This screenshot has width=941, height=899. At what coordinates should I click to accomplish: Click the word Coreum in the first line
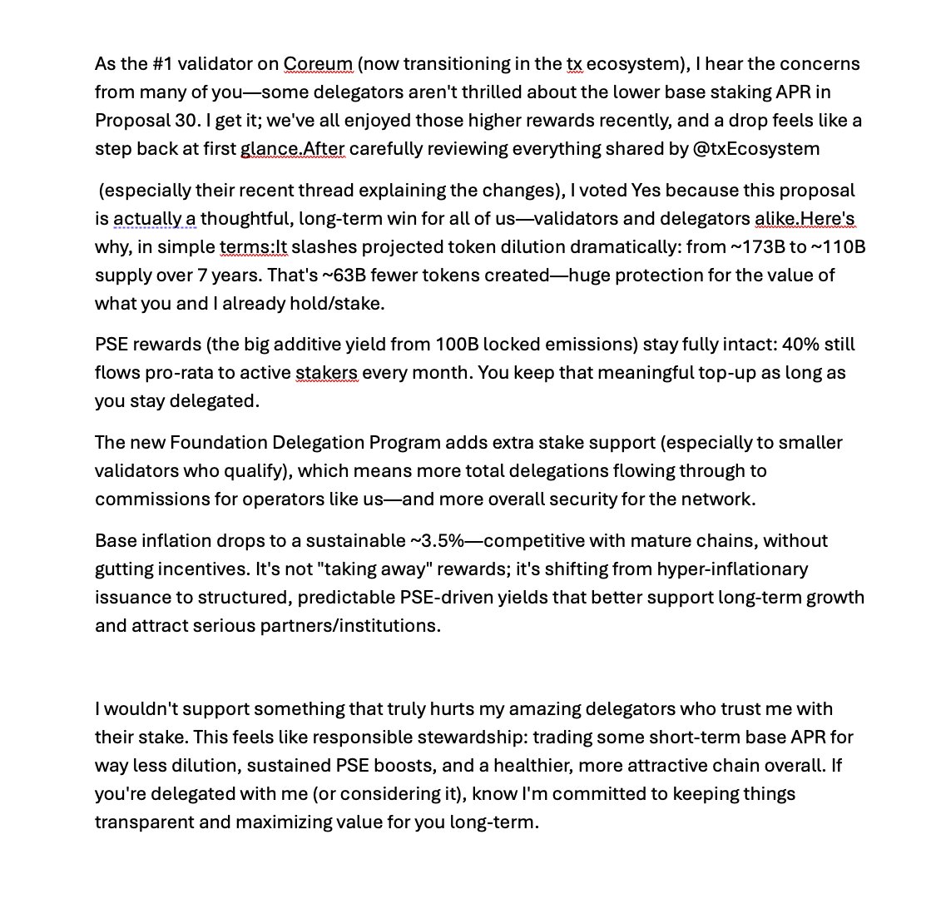[318, 64]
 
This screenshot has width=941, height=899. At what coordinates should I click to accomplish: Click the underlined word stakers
[327, 373]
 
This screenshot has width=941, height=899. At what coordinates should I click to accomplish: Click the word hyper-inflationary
[732, 569]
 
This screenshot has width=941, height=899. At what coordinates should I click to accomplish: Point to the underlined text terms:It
[253, 247]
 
